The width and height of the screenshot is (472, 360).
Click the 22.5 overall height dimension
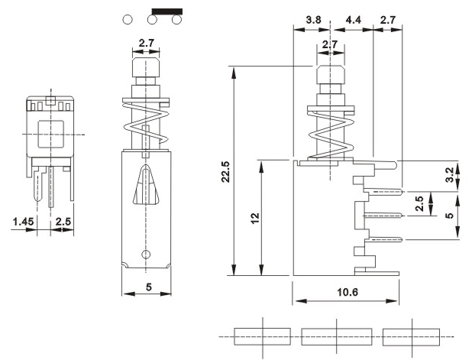[x=226, y=172]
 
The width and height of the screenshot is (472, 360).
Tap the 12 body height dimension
[x=255, y=218]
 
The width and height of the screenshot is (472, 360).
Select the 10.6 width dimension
[x=348, y=292]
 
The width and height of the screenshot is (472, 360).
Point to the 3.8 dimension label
[x=313, y=20]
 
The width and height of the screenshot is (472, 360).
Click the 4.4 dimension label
[x=354, y=20]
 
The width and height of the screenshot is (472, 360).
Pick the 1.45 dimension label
[x=23, y=222]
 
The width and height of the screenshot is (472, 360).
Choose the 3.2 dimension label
[x=450, y=175]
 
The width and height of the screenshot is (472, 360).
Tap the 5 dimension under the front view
[x=149, y=287]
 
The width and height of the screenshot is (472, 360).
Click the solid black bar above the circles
[x=167, y=11]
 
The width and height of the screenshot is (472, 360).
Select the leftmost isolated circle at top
[x=128, y=20]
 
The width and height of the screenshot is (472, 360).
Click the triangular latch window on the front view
[x=146, y=184]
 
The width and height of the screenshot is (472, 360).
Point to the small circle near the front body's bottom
[x=146, y=255]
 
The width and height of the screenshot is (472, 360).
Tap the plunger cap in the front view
[x=146, y=68]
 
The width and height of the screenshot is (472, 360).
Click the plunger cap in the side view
[x=330, y=75]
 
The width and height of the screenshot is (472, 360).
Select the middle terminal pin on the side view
[x=383, y=215]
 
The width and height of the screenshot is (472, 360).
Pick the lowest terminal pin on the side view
[x=383, y=239]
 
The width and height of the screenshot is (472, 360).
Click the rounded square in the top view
[x=51, y=135]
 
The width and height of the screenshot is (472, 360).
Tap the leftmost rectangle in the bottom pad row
[x=263, y=336]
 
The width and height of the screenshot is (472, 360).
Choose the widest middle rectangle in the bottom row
[x=337, y=336]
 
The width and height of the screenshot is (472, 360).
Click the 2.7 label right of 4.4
[x=388, y=20]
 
